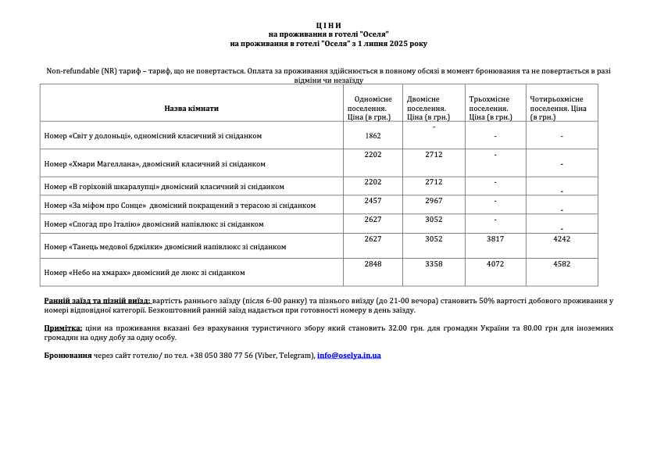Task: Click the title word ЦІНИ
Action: pyautogui.click(x=328, y=26)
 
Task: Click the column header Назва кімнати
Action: pyautogui.click(x=191, y=109)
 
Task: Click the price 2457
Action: pyautogui.click(x=373, y=201)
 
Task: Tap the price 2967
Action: pyautogui.click(x=434, y=201)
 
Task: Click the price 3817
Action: pyautogui.click(x=495, y=239)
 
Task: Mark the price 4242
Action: pyautogui.click(x=562, y=239)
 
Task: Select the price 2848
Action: pyautogui.click(x=373, y=264)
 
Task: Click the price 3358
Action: pyautogui.click(x=434, y=264)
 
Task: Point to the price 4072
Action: pyautogui.click(x=495, y=264)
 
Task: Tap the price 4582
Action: pyautogui.click(x=562, y=264)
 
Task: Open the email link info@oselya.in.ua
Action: pyautogui.click(x=349, y=356)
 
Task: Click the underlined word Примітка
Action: pyautogui.click(x=63, y=328)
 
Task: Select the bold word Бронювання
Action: pyautogui.click(x=68, y=356)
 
